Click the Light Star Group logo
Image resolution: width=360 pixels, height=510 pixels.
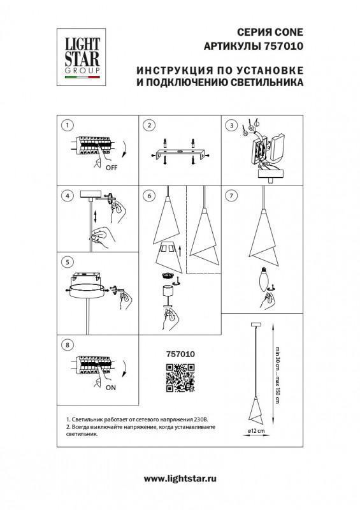coord(82,57)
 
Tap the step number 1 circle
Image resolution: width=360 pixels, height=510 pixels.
coord(68,125)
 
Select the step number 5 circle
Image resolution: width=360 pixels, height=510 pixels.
coord(68,263)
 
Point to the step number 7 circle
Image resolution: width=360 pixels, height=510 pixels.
coord(231,196)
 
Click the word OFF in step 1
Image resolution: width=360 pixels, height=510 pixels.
coord(112,168)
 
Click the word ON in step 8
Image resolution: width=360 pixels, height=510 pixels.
coord(111,388)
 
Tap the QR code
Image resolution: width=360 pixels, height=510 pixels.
coord(180,378)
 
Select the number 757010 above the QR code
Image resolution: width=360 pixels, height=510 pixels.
coord(180,354)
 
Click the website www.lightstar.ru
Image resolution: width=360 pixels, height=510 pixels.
coord(180,479)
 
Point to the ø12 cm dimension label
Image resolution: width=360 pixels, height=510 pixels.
coord(256,431)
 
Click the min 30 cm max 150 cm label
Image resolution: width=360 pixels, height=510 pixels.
coord(277,375)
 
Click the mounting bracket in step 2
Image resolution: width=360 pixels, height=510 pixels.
coord(180,153)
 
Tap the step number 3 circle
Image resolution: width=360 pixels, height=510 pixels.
coord(231,125)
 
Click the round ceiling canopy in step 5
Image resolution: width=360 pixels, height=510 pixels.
coord(87,289)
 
